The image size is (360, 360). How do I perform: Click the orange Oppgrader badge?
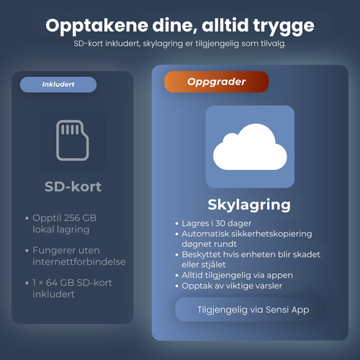[216, 82]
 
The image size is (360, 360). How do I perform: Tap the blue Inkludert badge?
[58, 84]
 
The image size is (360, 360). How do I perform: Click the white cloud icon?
[250, 147]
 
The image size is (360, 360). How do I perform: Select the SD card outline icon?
[73, 140]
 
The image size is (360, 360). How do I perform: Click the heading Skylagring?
[249, 205]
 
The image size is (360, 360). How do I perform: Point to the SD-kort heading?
[73, 186]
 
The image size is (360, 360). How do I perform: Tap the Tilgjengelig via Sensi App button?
[250, 310]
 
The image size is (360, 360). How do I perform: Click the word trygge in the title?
[284, 27]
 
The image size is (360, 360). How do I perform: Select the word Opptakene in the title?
[96, 27]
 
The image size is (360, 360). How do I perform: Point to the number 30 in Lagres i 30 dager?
[220, 223]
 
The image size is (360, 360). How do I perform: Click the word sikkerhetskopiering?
[271, 234]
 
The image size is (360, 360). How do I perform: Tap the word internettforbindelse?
[79, 261]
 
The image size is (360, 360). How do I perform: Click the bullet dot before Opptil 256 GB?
[27, 218]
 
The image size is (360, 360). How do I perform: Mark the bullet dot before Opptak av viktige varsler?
[177, 286]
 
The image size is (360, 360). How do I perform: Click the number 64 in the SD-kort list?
[52, 283]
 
